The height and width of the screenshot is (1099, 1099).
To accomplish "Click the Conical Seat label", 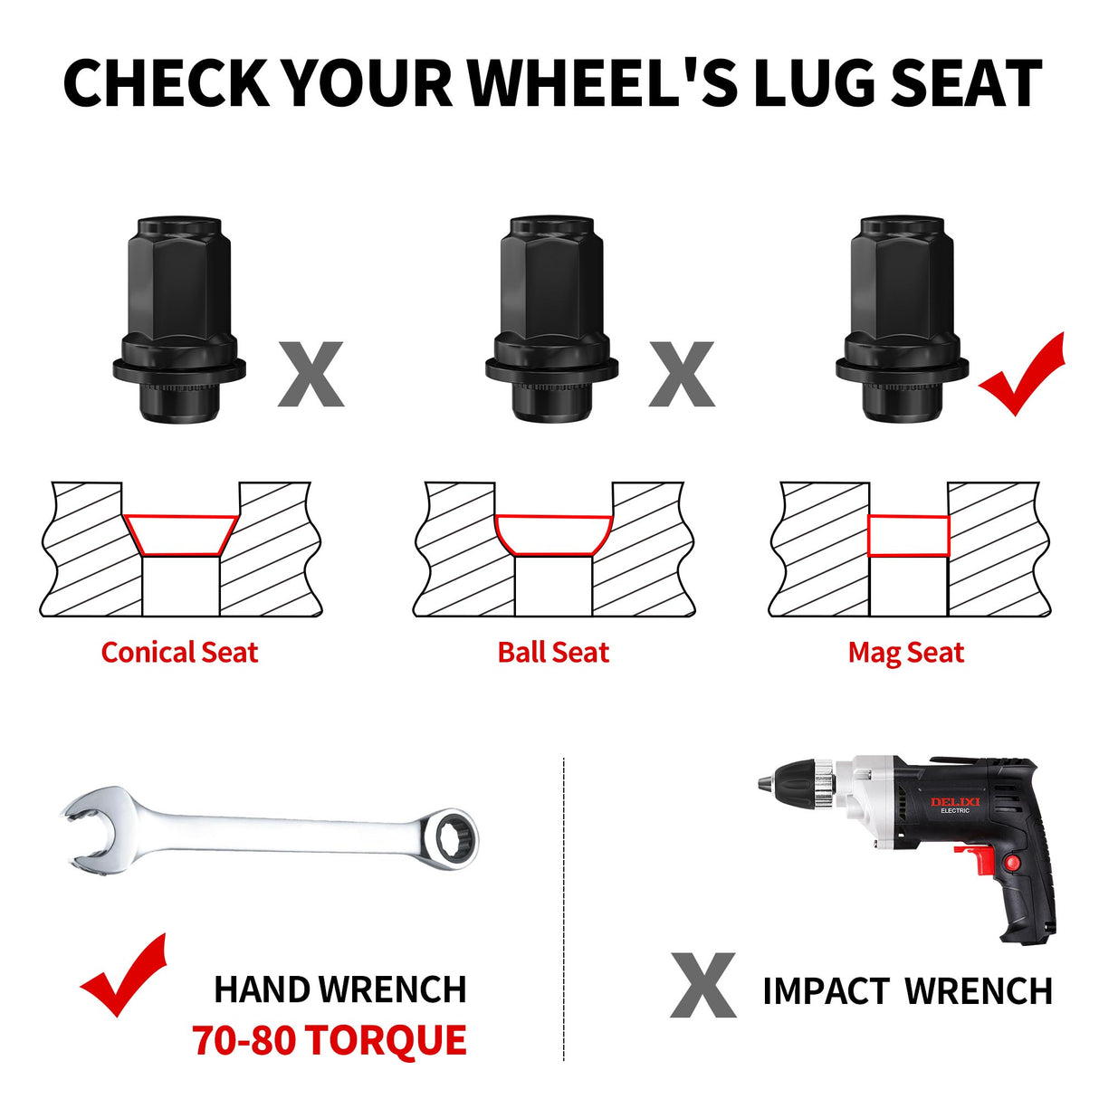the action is coord(179,652).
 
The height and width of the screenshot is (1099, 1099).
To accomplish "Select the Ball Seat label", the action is coord(553,652).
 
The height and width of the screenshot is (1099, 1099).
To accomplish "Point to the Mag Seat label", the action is coord(906,653).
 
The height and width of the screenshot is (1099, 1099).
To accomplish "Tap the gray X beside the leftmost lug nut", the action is coord(311,374).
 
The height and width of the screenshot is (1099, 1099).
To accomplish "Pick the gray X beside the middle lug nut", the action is coord(682,374).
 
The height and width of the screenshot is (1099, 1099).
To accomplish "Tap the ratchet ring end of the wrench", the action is coord(454,838).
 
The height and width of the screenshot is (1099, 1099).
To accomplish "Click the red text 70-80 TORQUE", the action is coord(330,1039).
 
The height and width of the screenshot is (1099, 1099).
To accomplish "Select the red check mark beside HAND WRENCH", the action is coord(124,975).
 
